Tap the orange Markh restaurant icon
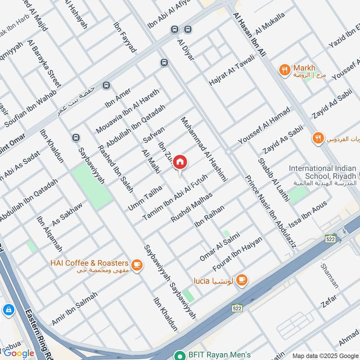[x=284, y=69]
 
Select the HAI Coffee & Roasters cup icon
[x=137, y=266]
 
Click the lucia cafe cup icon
[x=242, y=280]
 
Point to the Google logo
[x=19, y=353]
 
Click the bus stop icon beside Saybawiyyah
[x=76, y=137]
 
